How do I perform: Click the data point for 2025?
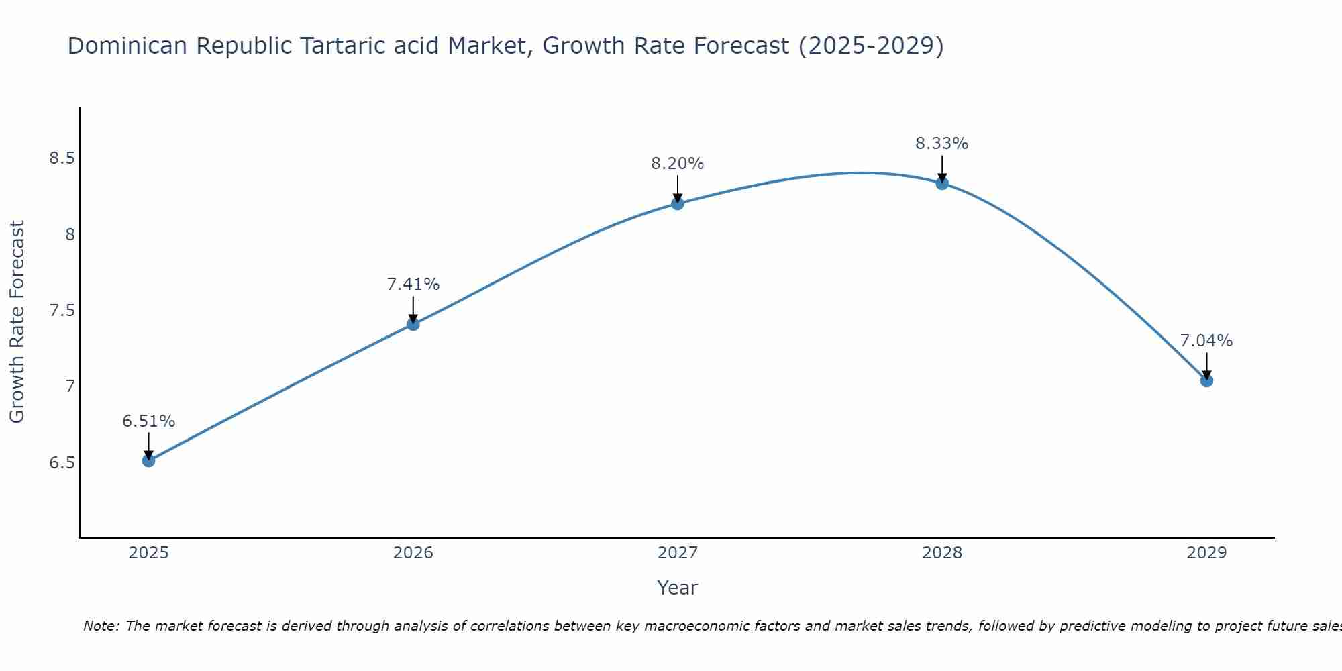pyautogui.click(x=148, y=460)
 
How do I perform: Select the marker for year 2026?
pyautogui.click(x=413, y=324)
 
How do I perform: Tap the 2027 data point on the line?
pyautogui.click(x=677, y=203)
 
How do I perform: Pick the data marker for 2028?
pyautogui.click(x=941, y=183)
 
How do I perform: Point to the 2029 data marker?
pyautogui.click(x=1206, y=380)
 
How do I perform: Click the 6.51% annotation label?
pyautogui.click(x=148, y=421)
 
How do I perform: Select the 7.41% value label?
pyautogui.click(x=413, y=285)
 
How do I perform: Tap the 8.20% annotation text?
pyautogui.click(x=677, y=164)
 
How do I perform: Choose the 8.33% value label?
pyautogui.click(x=941, y=144)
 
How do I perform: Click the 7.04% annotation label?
pyautogui.click(x=1206, y=341)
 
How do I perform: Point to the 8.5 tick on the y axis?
pyautogui.click(x=61, y=159)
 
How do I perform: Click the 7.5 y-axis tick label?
pyautogui.click(x=61, y=311)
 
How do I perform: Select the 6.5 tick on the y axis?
pyautogui.click(x=61, y=463)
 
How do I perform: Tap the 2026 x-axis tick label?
pyautogui.click(x=413, y=553)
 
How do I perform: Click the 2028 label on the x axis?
pyautogui.click(x=941, y=553)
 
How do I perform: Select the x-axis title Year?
pyautogui.click(x=677, y=588)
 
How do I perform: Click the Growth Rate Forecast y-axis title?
pyautogui.click(x=17, y=322)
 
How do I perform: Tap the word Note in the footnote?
pyautogui.click(x=101, y=626)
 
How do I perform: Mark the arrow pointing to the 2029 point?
pyautogui.click(x=1206, y=366)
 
